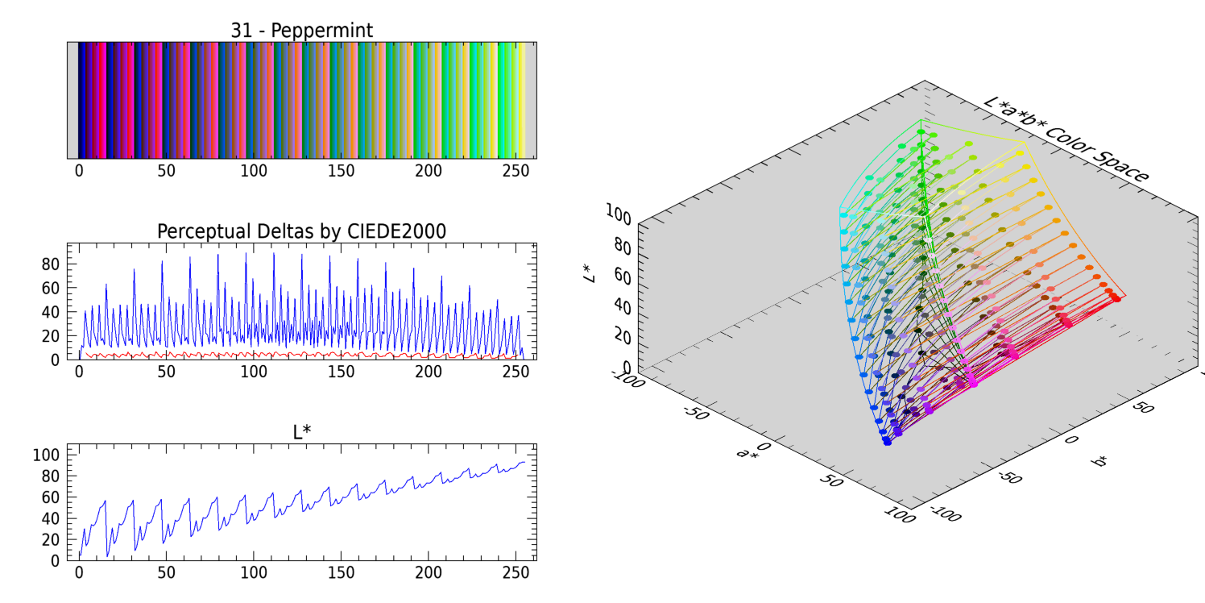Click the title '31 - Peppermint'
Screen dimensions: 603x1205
pos(301,31)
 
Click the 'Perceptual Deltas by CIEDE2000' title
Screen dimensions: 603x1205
pos(301,231)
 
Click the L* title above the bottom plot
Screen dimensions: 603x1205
pos(301,432)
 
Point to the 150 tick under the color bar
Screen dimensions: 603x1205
pos(341,171)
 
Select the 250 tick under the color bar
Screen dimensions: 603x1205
pos(516,171)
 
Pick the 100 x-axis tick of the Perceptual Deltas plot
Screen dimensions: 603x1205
pos(254,372)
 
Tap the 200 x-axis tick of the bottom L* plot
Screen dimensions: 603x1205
pos(429,572)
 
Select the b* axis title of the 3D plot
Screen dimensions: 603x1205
pos(1099,461)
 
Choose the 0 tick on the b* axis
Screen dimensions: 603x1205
pos(1070,439)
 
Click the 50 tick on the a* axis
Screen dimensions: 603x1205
pos(831,481)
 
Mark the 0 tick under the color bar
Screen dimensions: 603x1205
pos(79,171)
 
